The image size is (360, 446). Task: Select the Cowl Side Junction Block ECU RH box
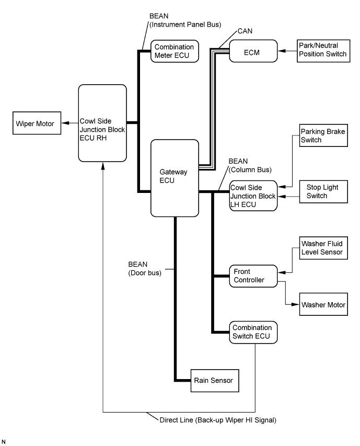[102, 123]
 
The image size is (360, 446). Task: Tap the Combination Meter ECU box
[175, 51]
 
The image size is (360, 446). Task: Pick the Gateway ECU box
[175, 177]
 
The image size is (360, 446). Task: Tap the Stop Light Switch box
[321, 192]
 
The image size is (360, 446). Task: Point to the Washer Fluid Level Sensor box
[321, 248]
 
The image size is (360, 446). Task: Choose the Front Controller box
[253, 275]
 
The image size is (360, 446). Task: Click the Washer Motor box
[321, 304]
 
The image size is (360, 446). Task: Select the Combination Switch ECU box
[253, 332]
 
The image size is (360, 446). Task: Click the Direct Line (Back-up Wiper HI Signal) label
[211, 420]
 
